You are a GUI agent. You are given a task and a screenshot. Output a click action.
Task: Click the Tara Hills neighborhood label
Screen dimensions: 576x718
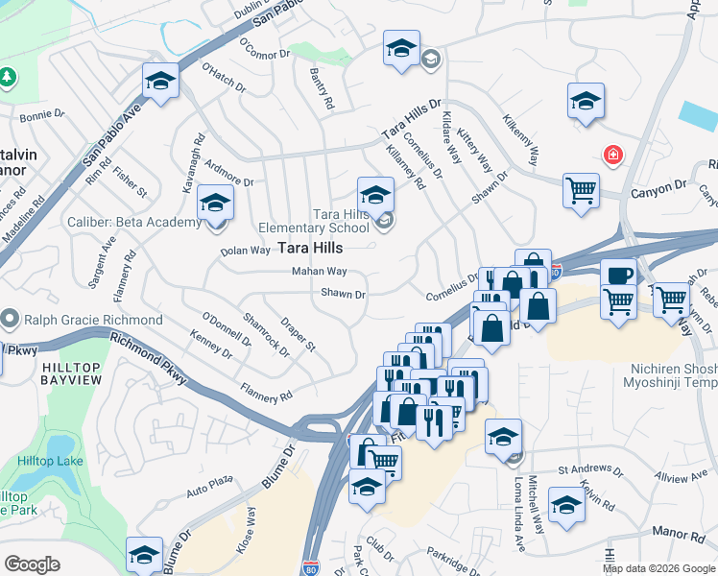coord(310,248)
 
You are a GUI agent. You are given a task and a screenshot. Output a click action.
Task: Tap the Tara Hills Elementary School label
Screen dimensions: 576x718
coord(314,221)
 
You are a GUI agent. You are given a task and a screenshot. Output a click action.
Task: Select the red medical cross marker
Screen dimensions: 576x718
coord(610,155)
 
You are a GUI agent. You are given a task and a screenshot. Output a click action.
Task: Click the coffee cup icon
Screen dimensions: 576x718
coord(619,274)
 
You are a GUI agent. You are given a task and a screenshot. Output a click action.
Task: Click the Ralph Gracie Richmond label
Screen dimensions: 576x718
coord(94,319)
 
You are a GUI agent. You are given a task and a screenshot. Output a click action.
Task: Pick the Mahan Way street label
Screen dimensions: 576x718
coord(320,273)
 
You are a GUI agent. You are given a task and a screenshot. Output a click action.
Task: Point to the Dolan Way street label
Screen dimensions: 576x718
coord(246,252)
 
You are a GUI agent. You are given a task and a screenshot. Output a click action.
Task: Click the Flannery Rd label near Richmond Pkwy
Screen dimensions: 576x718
coord(266,396)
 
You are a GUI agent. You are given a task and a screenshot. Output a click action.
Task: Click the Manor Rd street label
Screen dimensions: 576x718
coord(678,533)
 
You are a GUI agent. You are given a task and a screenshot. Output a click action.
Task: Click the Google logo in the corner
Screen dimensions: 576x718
coord(32,564)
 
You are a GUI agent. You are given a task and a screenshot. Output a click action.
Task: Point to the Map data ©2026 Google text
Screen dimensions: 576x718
coord(658,568)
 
